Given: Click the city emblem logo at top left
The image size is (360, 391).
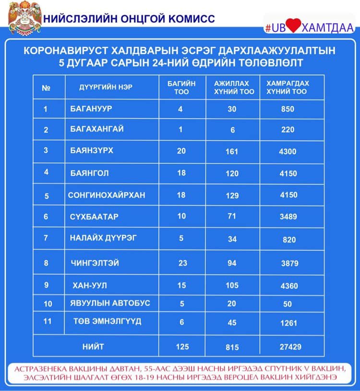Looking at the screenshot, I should (x=21, y=18).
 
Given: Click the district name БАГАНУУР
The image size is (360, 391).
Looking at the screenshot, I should (x=91, y=109).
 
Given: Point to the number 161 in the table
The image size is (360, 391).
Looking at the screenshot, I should (x=232, y=152).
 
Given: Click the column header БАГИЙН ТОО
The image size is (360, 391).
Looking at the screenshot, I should (x=181, y=87).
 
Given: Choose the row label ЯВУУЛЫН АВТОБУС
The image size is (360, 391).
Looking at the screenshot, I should (x=110, y=303).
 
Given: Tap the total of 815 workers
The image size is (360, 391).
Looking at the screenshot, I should (x=232, y=347).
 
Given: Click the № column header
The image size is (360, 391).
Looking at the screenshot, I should (x=46, y=88).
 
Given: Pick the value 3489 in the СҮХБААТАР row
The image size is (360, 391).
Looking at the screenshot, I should (x=288, y=217).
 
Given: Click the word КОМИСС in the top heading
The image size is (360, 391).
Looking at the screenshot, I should (x=189, y=19).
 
